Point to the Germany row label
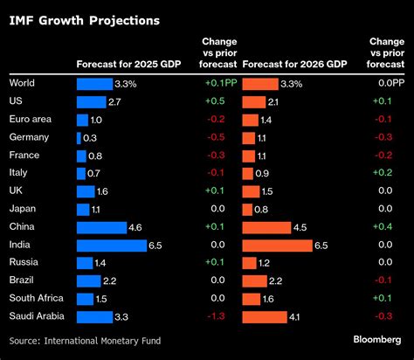click(x=28, y=137)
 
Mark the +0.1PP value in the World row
click(x=213, y=83)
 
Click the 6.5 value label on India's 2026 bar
click(x=321, y=246)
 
